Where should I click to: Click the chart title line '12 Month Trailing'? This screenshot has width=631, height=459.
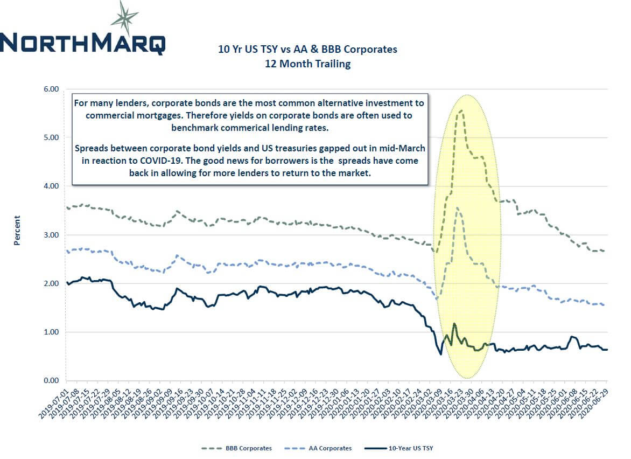point(307,64)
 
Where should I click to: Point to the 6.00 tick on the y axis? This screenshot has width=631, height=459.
point(50,89)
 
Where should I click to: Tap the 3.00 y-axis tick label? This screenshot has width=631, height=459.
point(50,235)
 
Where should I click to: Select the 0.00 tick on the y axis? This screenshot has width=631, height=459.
point(50,381)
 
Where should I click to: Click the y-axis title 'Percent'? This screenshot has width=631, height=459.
point(17,231)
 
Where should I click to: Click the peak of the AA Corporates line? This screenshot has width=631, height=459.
point(457,208)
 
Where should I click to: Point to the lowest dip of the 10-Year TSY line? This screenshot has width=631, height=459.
point(441,354)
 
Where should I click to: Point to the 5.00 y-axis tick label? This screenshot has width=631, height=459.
point(50,137)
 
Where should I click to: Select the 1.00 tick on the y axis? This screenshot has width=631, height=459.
point(50,332)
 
